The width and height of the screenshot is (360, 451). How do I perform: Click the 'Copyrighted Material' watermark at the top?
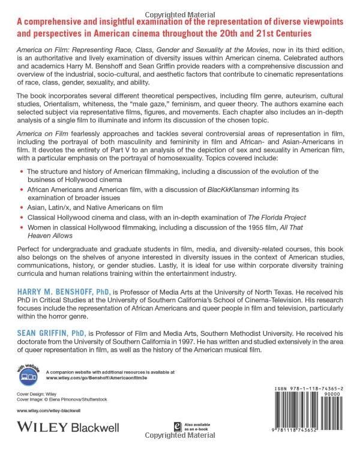180,5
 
